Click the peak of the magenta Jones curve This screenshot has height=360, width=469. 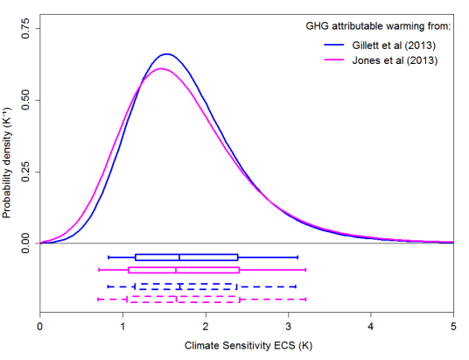161,68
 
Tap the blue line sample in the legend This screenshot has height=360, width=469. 342,45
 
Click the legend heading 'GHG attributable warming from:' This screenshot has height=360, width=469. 372,26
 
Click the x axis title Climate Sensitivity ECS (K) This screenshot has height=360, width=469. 247,346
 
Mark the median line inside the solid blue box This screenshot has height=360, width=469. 179,257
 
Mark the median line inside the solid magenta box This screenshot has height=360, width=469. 176,270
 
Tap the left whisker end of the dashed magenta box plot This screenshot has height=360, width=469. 98,300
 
